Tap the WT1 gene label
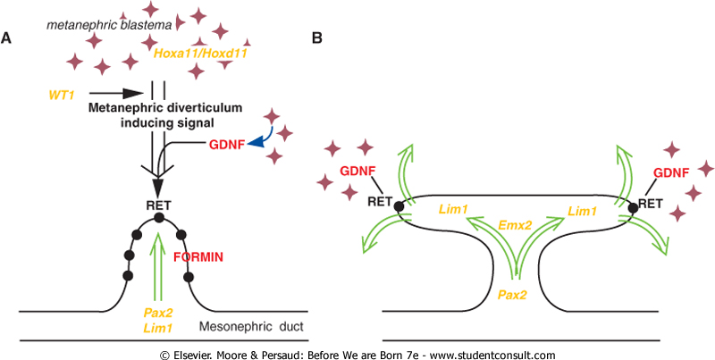click(63, 92)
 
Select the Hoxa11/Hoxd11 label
click(201, 54)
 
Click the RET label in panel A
click(158, 204)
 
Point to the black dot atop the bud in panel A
click(158, 218)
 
